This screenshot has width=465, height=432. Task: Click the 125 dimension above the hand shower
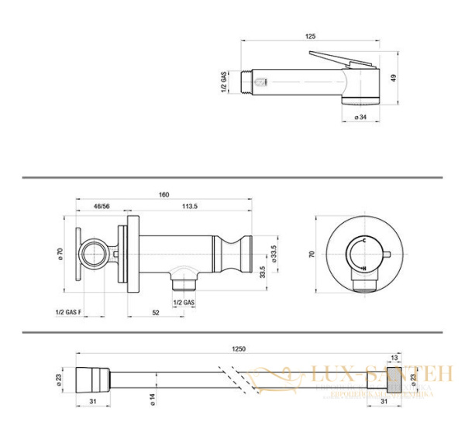(310, 36)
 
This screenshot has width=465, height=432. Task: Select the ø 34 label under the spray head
(360, 117)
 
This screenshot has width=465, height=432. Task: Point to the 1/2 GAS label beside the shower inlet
(223, 82)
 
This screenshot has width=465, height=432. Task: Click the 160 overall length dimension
(164, 194)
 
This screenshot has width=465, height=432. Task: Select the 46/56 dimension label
(102, 207)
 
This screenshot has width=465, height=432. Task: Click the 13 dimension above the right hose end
(395, 358)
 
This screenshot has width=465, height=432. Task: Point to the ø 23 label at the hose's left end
(59, 379)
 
